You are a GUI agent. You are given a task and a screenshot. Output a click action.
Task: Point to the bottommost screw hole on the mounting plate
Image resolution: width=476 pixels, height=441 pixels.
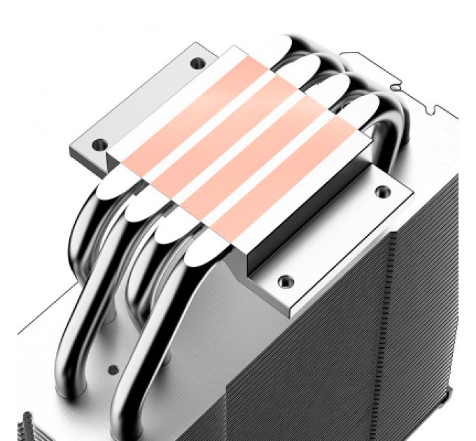point(284,281)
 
